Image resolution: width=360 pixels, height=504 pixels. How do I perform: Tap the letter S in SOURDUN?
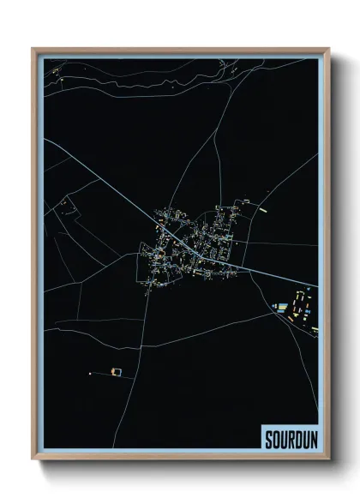(x=267, y=436)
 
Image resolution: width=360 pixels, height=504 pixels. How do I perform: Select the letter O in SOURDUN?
(x=274, y=436)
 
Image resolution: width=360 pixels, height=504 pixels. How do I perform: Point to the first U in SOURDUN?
(x=281, y=436)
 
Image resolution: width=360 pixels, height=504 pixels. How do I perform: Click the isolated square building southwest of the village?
(x=117, y=371)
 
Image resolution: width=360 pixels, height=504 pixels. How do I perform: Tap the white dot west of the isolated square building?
(x=89, y=373)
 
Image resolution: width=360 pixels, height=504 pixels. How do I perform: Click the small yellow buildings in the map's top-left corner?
(x=57, y=81)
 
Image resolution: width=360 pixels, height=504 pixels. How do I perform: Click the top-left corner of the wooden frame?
(x=33, y=49)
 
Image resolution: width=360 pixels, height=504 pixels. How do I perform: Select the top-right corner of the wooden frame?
(x=328, y=49)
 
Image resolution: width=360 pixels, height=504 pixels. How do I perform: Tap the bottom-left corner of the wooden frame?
(x=33, y=459)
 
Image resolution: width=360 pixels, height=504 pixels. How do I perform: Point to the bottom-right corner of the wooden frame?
(x=328, y=459)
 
